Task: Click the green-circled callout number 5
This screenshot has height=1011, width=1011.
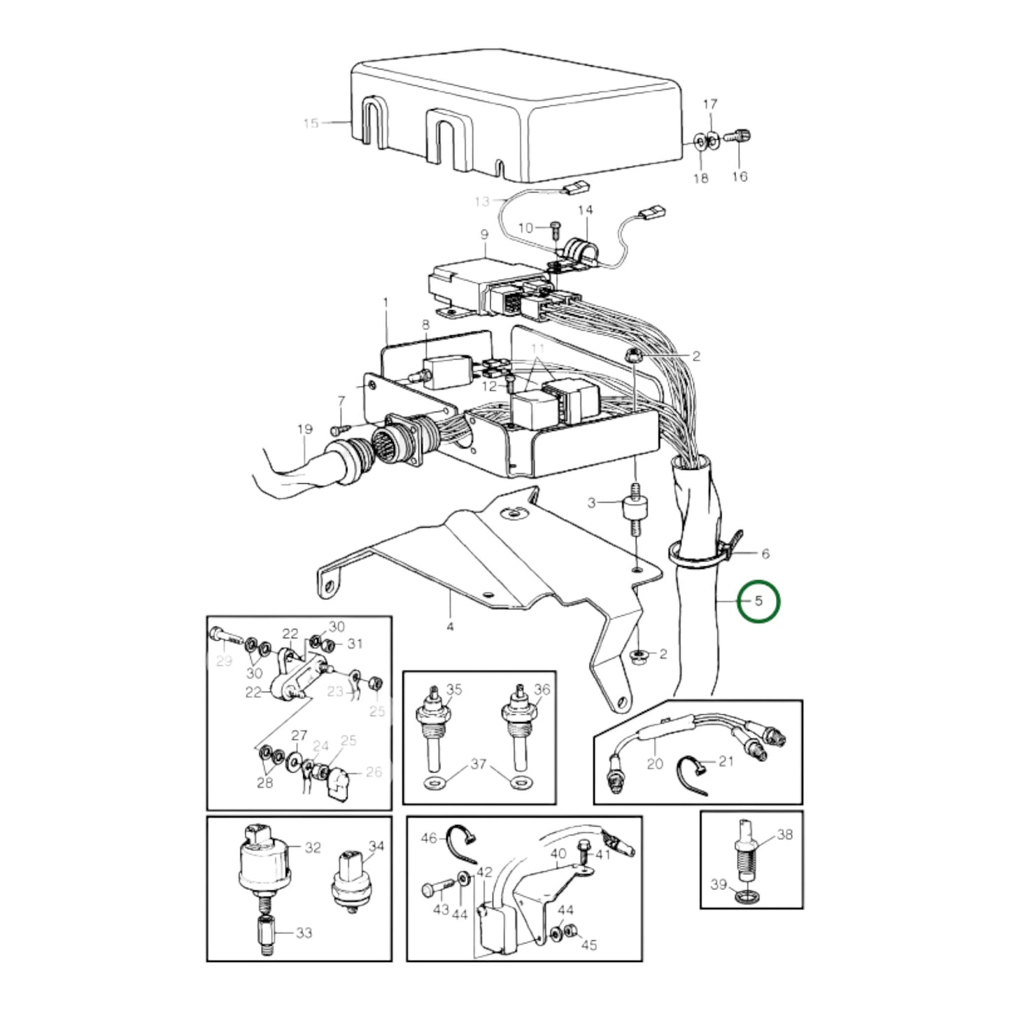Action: click(x=759, y=601)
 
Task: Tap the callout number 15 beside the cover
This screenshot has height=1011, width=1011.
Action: click(x=311, y=124)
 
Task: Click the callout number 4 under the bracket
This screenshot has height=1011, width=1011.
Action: click(x=450, y=626)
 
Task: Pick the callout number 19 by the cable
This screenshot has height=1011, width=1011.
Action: click(x=304, y=429)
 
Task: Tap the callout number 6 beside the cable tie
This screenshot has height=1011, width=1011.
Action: click(x=765, y=553)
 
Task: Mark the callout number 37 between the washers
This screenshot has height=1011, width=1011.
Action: click(x=478, y=764)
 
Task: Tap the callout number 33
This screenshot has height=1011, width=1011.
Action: click(x=304, y=933)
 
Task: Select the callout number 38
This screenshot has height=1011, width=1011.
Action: click(x=785, y=834)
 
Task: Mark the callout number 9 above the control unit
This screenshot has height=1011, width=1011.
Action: click(x=484, y=235)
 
